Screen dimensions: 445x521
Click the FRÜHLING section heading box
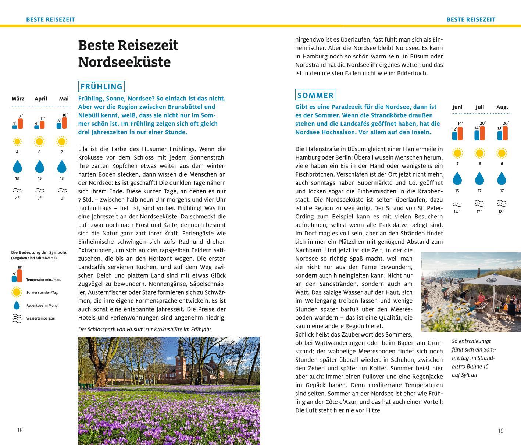click(x=101, y=86)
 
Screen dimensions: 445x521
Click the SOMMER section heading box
click(x=315, y=95)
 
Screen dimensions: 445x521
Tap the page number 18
click(x=20, y=430)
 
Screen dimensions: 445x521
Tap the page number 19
click(x=501, y=431)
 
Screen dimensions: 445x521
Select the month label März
click(x=18, y=99)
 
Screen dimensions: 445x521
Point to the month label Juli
click(x=479, y=107)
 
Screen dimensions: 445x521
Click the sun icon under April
click(x=39, y=142)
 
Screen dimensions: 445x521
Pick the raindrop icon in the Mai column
click(x=62, y=167)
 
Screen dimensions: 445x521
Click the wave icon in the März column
click(x=17, y=191)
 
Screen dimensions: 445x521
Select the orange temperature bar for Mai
click(x=64, y=123)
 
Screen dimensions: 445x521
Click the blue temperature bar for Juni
click(x=455, y=136)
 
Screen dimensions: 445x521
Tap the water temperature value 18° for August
click(x=501, y=212)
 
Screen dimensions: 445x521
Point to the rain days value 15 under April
click(x=39, y=178)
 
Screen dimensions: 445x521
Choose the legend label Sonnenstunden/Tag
click(x=42, y=293)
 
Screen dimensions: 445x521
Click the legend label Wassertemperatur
click(x=41, y=318)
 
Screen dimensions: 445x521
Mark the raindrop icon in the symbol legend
click(x=17, y=305)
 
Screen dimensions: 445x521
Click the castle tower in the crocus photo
click(x=180, y=353)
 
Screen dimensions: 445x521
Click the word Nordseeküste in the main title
click(x=124, y=62)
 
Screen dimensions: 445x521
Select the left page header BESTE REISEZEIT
click(x=50, y=19)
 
